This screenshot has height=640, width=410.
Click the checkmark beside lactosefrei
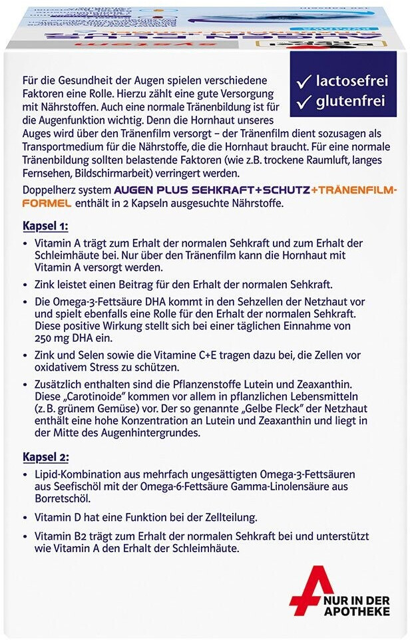[x=305, y=82]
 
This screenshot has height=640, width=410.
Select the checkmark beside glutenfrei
[x=305, y=102]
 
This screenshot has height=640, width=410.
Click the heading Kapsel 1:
[x=47, y=225]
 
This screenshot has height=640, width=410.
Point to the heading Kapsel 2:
[x=47, y=457]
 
